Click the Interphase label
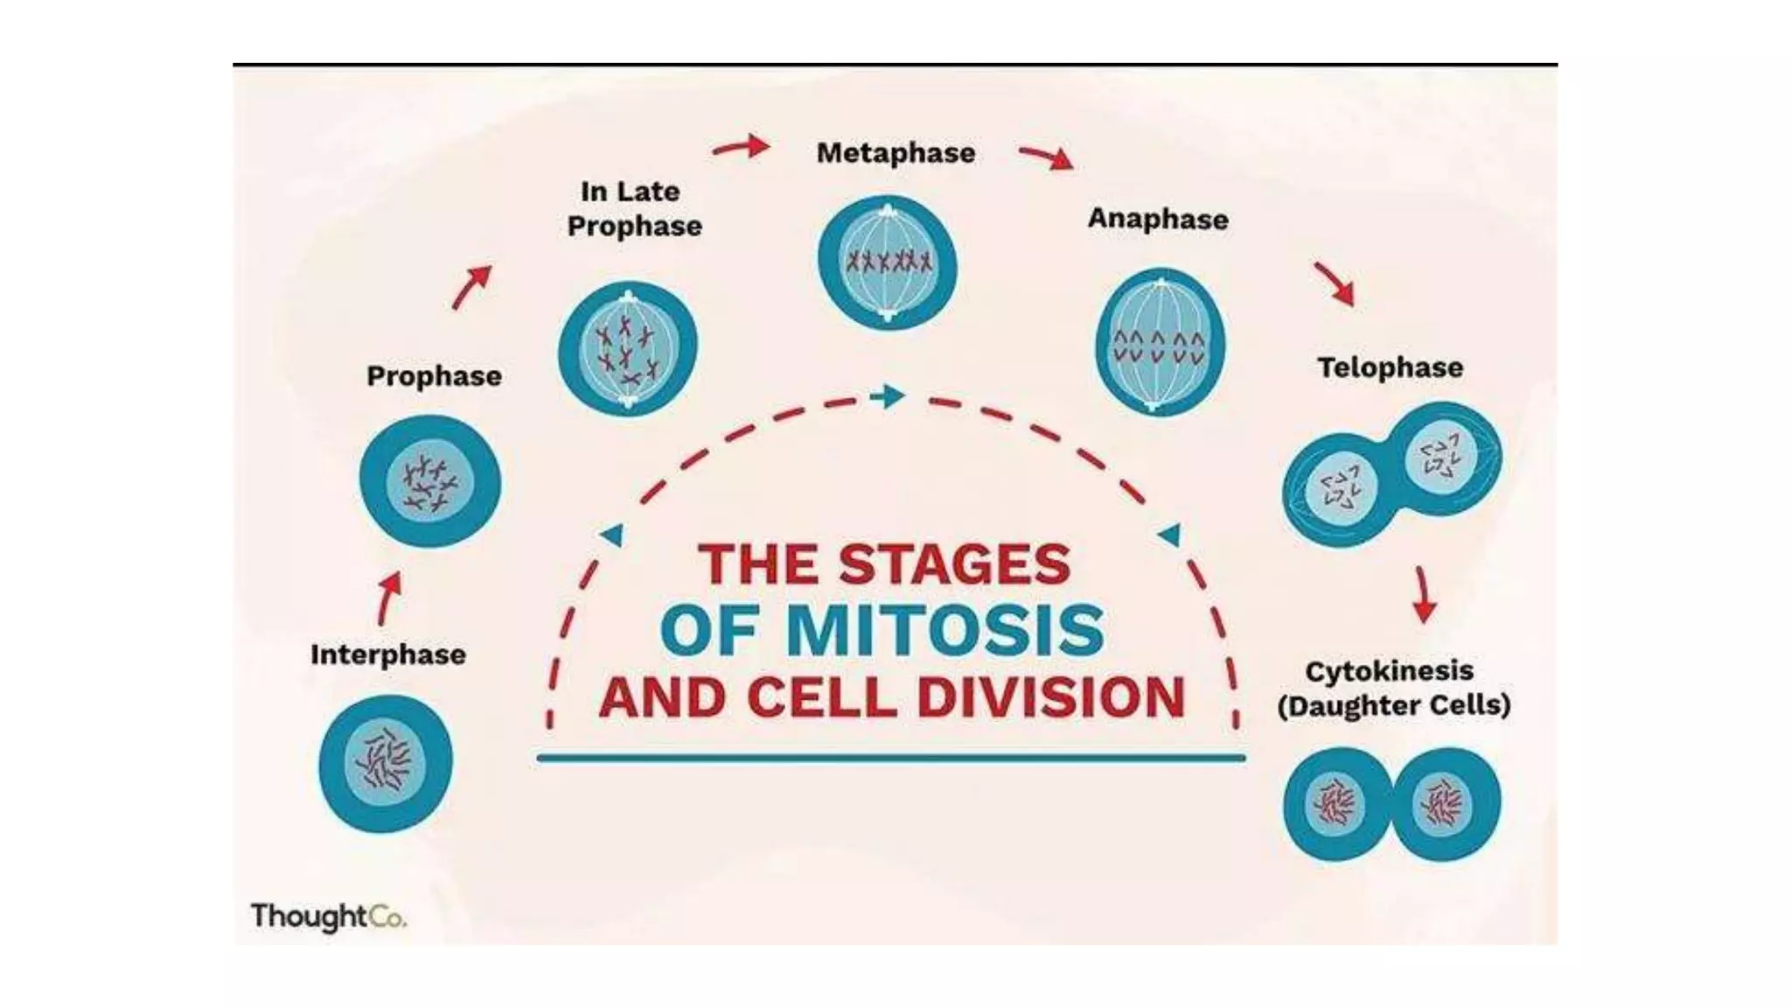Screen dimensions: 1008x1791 coord(387,654)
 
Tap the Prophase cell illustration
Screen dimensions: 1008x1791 coord(430,482)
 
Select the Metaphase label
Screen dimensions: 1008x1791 coord(895,153)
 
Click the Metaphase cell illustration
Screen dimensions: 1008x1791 coord(888,262)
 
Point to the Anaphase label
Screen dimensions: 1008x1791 coord(1158,219)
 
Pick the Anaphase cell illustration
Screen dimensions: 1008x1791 coord(1160,342)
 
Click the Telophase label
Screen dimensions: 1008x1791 coord(1390,367)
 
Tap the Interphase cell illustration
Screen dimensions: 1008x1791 coord(386,763)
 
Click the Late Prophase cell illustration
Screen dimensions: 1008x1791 coord(628,348)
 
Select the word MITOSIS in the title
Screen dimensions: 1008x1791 coord(945,630)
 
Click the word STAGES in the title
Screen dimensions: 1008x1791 coord(955,564)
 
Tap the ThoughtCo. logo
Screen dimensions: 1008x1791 coord(328,916)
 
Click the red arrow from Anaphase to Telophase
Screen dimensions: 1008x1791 coord(1335,283)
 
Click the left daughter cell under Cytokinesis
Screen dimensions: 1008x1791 coord(1336,803)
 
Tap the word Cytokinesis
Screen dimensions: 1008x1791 coord(1389,672)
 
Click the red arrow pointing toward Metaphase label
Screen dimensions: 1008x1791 coord(741,147)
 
